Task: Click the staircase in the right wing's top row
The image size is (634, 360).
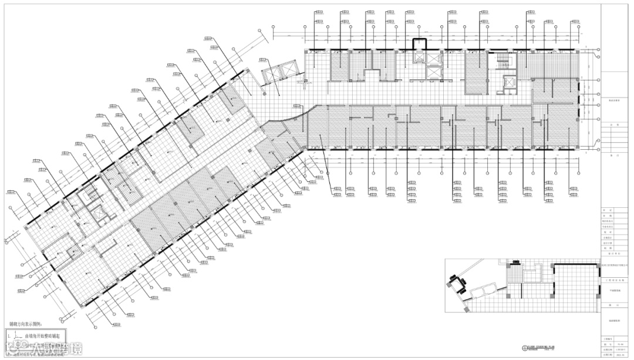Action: [x=503, y=62]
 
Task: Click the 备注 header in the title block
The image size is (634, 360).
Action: [x=614, y=155]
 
